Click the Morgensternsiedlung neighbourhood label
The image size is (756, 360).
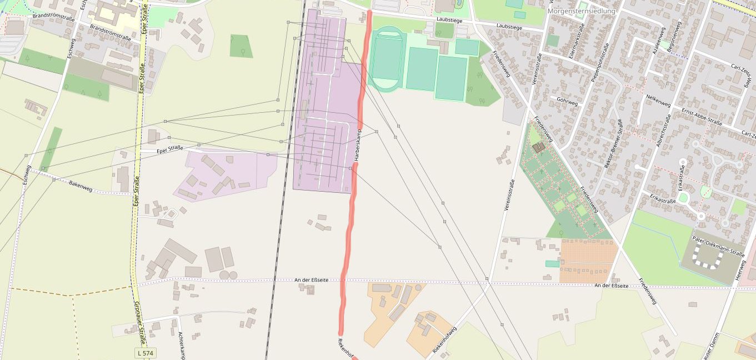(581, 11)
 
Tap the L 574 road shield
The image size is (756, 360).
(145, 353)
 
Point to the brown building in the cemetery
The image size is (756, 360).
(538, 147)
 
